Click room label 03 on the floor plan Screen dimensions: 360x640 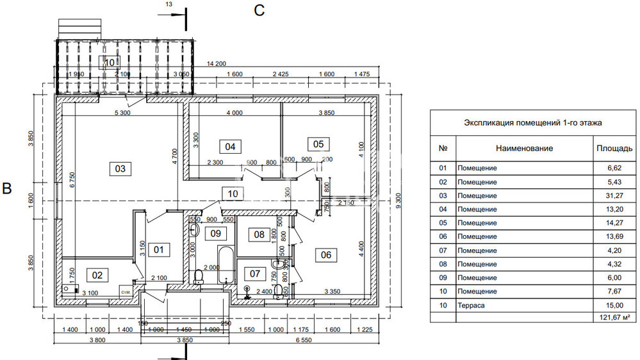tap(120, 169)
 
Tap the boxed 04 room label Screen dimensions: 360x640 tap(230, 147)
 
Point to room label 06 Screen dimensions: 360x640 tap(326, 255)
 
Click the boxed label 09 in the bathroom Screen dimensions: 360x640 tap(216, 234)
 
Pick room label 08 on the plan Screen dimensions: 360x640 tap(259, 234)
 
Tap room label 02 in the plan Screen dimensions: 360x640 tap(97, 275)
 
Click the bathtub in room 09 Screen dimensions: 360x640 tap(225, 263)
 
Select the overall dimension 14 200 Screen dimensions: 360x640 tap(217, 63)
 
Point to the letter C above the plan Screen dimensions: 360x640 tap(259, 10)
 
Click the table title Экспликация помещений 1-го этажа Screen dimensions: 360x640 tap(532, 122)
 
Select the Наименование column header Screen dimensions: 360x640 tap(523, 148)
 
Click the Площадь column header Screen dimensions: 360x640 tap(614, 148)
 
